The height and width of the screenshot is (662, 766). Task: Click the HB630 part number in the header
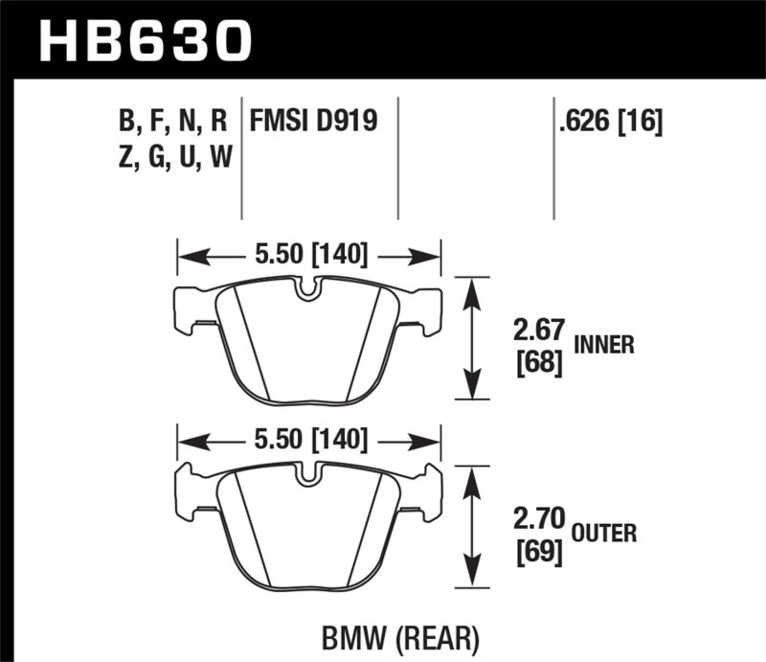(x=144, y=40)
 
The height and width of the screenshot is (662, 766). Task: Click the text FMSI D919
(x=313, y=121)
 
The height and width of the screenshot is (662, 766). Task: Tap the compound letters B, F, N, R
(x=173, y=121)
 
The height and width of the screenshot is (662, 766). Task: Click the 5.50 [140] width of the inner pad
(x=308, y=256)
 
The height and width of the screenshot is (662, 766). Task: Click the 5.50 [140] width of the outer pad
(x=308, y=440)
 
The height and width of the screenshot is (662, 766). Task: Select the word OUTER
(x=605, y=533)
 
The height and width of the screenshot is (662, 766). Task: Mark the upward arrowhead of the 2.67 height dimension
(x=470, y=287)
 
